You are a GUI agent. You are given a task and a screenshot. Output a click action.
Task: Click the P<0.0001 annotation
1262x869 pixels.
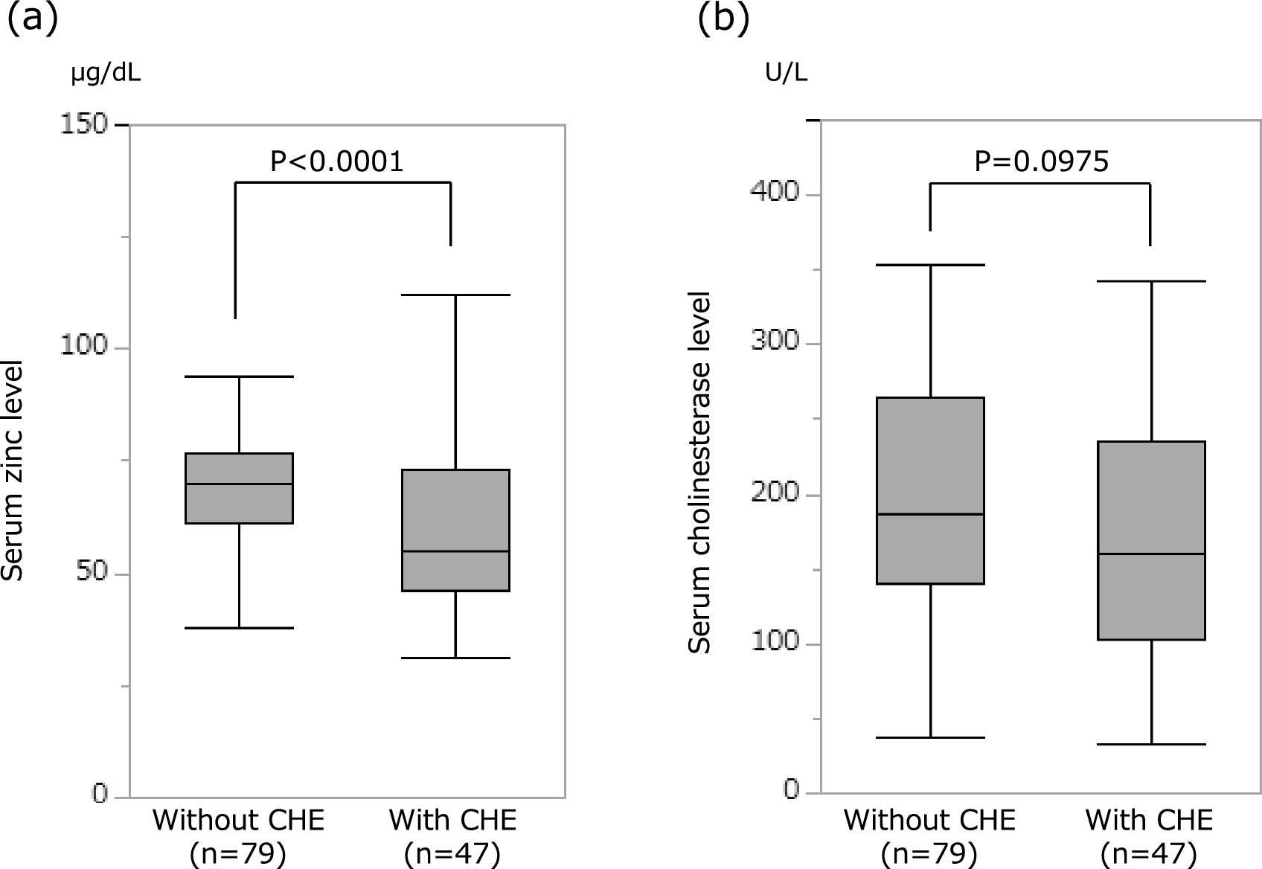(x=336, y=161)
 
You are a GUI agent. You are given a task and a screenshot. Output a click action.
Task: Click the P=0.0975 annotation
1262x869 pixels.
(x=1041, y=161)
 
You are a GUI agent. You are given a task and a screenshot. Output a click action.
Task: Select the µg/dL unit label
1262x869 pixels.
(x=106, y=74)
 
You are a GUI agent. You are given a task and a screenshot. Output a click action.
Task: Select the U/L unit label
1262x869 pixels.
(x=786, y=74)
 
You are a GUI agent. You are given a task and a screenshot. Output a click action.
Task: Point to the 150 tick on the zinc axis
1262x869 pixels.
(x=84, y=124)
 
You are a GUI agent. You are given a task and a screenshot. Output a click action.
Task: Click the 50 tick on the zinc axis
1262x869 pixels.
(x=92, y=574)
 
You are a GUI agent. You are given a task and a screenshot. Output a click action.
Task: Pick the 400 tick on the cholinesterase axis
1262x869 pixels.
(x=775, y=192)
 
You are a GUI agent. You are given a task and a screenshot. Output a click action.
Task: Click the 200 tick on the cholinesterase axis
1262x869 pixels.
(x=775, y=493)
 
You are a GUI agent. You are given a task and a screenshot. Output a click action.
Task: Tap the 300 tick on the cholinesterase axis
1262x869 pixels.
(x=775, y=341)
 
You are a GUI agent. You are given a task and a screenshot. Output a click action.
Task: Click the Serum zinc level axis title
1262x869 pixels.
(x=13, y=470)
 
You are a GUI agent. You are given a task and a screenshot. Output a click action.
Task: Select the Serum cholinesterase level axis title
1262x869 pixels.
(x=699, y=473)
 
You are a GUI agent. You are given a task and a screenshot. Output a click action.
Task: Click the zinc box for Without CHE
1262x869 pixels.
(x=239, y=488)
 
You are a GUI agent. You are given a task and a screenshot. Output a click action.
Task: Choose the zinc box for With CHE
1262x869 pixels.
(x=455, y=530)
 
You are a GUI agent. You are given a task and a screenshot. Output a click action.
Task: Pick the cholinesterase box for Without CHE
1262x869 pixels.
(x=930, y=490)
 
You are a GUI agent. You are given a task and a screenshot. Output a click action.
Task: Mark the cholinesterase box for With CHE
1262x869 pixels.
(x=1151, y=540)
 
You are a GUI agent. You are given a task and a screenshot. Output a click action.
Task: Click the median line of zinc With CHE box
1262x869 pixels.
(x=455, y=551)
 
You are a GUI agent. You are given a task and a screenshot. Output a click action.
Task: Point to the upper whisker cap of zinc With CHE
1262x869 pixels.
(x=455, y=295)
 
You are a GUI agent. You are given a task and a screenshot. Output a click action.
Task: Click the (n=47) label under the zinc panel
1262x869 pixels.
(x=452, y=854)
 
